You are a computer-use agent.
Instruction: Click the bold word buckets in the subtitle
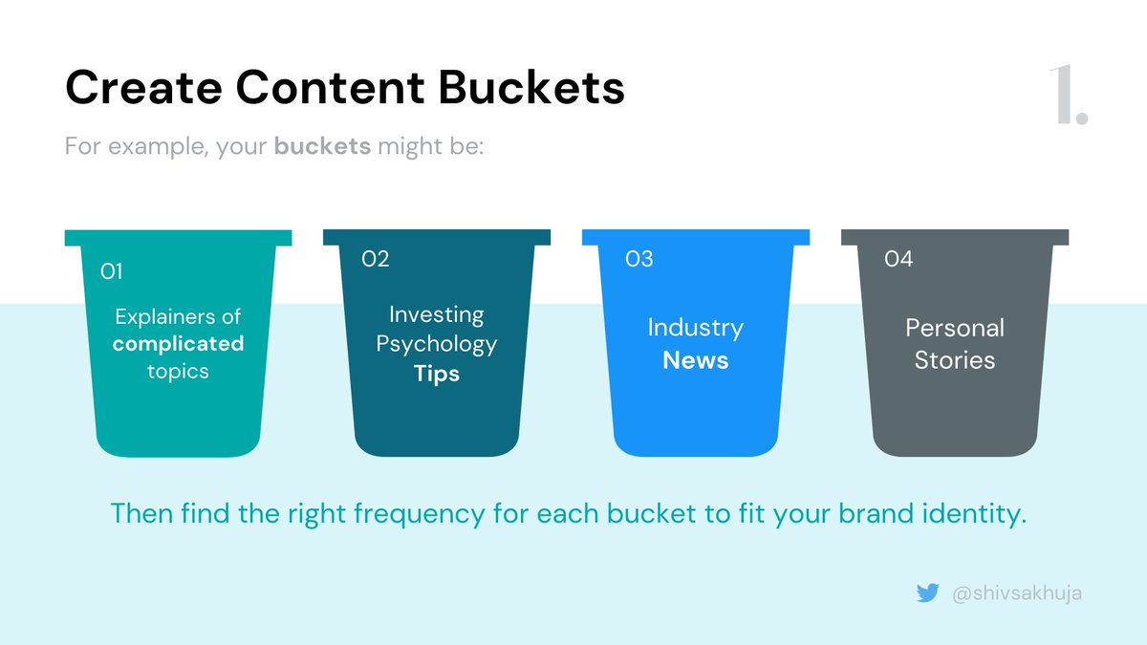(x=322, y=148)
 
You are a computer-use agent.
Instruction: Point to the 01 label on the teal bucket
(x=112, y=272)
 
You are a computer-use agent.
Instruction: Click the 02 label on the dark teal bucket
(x=375, y=259)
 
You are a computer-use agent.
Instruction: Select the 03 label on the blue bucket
(x=638, y=259)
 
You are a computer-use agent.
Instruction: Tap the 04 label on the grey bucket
(x=898, y=259)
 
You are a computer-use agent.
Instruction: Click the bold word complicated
(x=178, y=343)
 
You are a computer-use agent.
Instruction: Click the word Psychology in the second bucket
(x=437, y=344)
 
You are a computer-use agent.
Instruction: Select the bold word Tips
(x=437, y=374)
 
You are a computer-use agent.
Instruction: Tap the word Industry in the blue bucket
(x=695, y=328)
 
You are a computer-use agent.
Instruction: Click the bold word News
(x=696, y=360)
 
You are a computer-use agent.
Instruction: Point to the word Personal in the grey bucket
(x=955, y=328)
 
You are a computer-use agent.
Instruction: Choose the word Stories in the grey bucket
(x=955, y=360)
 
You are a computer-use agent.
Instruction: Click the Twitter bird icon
(x=927, y=593)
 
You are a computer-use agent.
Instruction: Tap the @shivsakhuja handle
(x=1017, y=593)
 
